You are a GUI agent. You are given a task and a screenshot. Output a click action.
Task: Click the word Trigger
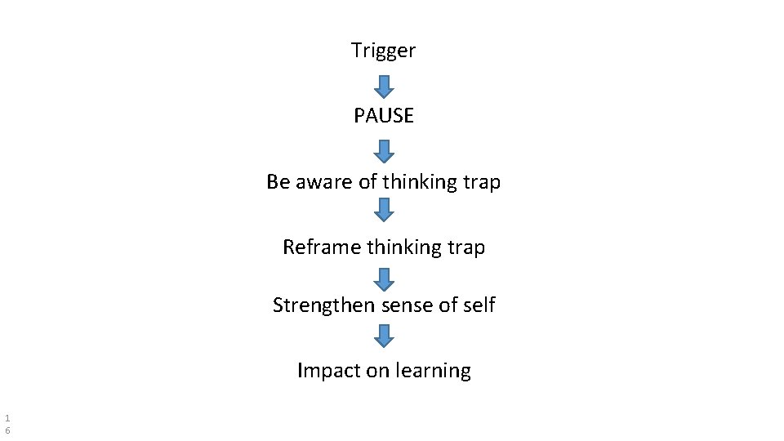[383, 51]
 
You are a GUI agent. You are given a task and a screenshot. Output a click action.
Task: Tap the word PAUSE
[384, 116]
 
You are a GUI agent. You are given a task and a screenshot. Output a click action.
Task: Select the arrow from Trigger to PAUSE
[384, 86]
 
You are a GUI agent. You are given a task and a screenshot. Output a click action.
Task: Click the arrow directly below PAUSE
[384, 151]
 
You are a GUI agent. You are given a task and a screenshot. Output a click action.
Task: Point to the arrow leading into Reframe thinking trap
[384, 210]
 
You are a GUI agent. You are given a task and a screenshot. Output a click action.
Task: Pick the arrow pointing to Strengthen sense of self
[384, 280]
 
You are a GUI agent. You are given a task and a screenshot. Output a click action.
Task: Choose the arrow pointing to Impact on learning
[384, 335]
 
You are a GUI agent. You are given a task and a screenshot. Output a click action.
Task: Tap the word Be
[278, 181]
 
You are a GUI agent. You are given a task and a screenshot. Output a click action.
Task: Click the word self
[478, 305]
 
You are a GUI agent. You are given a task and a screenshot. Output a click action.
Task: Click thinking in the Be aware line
[419, 181]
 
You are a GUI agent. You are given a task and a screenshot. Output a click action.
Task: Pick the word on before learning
[378, 371]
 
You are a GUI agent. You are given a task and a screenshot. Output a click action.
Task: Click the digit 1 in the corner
[7, 416]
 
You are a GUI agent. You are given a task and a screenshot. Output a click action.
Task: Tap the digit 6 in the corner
[7, 430]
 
